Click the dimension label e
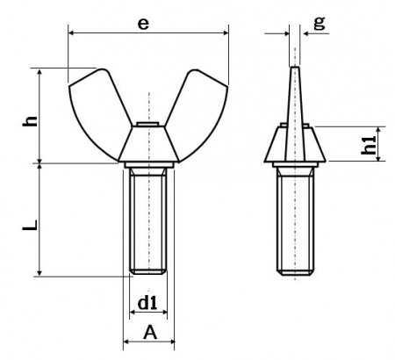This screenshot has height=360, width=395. [x=143, y=24]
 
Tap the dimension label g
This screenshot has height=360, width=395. [x=320, y=23]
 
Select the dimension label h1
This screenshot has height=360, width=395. [x=369, y=145]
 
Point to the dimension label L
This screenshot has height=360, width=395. [x=31, y=225]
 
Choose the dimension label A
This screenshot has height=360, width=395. [x=150, y=333]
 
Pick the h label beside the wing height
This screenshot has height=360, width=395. [x=31, y=121]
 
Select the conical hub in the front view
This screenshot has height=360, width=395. [x=148, y=144]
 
